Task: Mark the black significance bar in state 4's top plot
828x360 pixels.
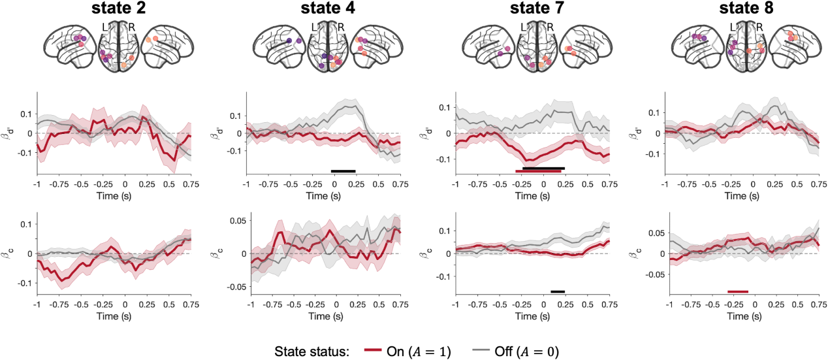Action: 343,171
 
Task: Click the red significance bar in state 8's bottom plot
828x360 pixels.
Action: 738,291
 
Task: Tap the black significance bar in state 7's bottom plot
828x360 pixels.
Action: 558,291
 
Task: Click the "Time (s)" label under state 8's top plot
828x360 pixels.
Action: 743,195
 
